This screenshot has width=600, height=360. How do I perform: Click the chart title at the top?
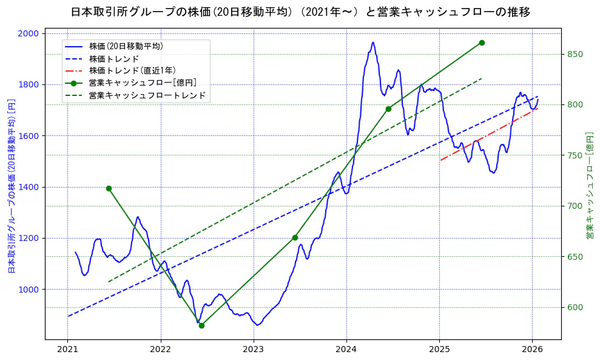pyautogui.click(x=300, y=12)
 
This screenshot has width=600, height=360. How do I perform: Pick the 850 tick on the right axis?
pyautogui.click(x=575, y=54)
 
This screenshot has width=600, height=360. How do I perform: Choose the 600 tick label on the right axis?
pyautogui.click(x=575, y=307)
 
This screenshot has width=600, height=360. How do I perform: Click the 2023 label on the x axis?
pyautogui.click(x=254, y=350)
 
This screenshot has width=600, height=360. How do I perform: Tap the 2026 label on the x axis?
pyautogui.click(x=532, y=350)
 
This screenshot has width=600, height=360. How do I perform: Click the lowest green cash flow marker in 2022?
pyautogui.click(x=201, y=325)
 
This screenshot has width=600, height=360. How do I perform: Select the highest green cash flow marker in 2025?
pyautogui.click(x=482, y=42)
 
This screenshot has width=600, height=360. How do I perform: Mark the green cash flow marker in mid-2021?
pyautogui.click(x=109, y=188)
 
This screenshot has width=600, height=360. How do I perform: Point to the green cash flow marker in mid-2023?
pyautogui.click(x=295, y=237)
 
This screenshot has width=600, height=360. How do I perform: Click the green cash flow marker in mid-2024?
pyautogui.click(x=388, y=109)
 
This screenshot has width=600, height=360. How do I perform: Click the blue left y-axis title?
pyautogui.click(x=11, y=186)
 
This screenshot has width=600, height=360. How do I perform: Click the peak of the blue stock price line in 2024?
pyautogui.click(x=372, y=42)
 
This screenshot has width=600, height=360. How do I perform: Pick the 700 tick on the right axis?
pyautogui.click(x=575, y=206)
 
